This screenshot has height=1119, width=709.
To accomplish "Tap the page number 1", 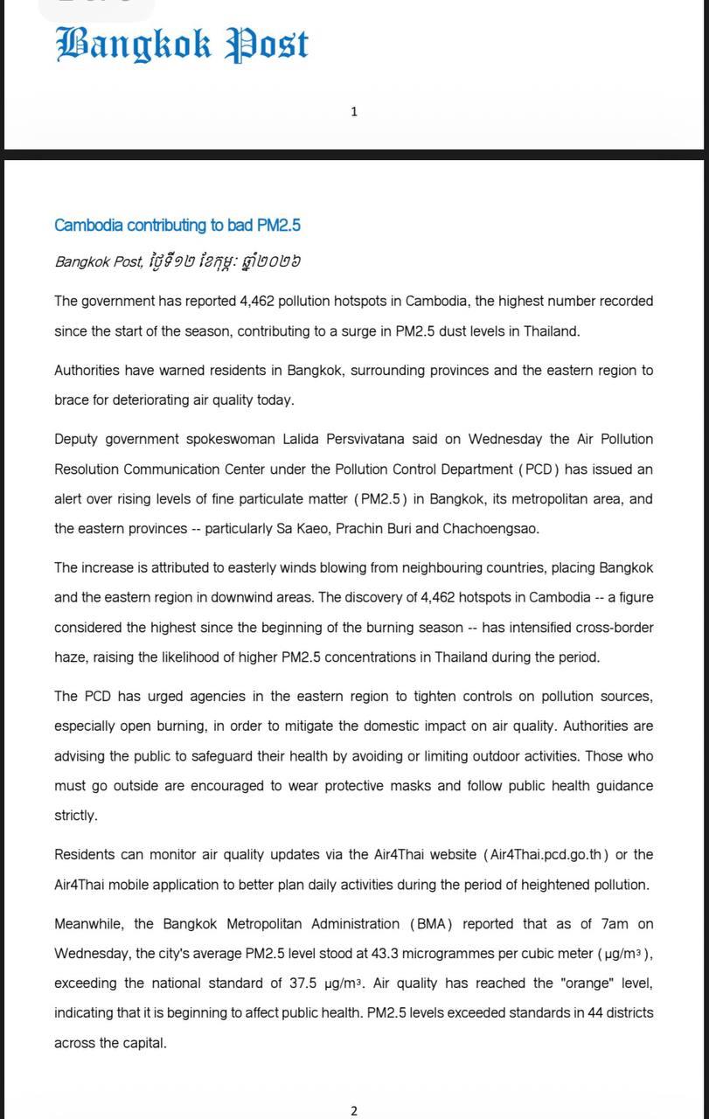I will pos(354,111).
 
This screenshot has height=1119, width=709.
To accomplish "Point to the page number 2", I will pos(354,1111).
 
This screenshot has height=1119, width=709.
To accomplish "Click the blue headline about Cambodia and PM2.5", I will pos(177,226).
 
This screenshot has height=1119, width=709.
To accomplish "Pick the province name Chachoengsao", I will pos(490,529).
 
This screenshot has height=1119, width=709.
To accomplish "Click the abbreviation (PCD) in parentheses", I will pos(539,469).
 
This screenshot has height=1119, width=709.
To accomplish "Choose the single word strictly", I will pos(76,816).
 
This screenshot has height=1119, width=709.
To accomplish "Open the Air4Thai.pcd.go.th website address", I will pos(545,855).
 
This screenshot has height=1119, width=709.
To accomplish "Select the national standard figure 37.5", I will pos(303,983).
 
